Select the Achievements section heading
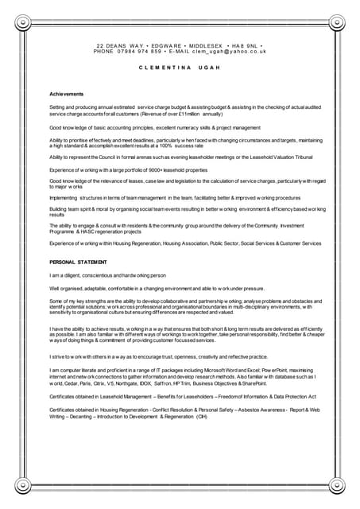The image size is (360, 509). tap(66, 95)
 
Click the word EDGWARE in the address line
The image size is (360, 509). tap(159, 45)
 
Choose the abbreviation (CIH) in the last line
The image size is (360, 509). tap(201, 416)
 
